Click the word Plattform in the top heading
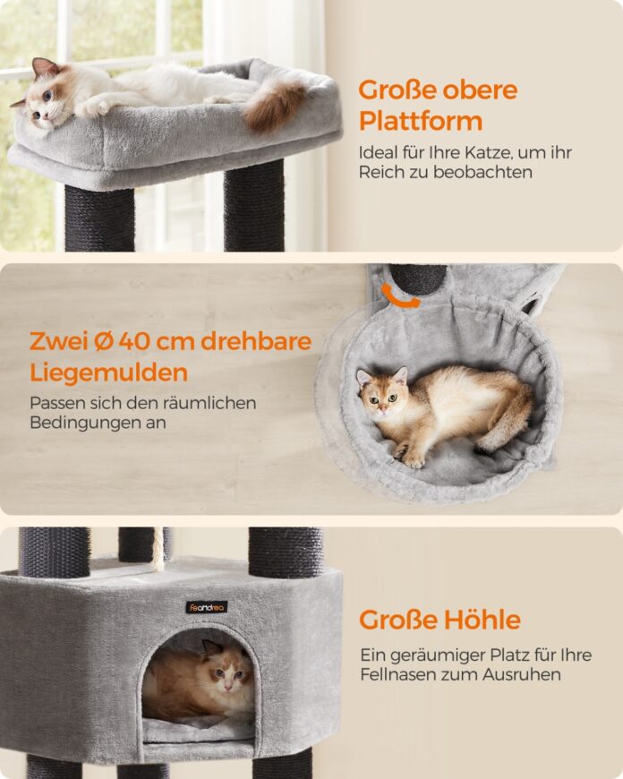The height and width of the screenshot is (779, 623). tap(421, 121)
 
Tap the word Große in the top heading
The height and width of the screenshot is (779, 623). tap(397, 90)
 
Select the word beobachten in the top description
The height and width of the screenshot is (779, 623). tap(482, 172)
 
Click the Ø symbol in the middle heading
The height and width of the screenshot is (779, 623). tap(104, 341)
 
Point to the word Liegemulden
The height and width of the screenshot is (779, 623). tap(109, 372)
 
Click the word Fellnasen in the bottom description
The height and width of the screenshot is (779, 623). tap(399, 674)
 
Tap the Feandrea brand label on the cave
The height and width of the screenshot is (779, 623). tap(207, 607)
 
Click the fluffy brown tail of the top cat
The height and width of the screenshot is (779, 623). tap(274, 105)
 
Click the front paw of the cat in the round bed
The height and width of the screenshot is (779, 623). tap(414, 459)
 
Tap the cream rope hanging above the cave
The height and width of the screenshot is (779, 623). tap(158, 550)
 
